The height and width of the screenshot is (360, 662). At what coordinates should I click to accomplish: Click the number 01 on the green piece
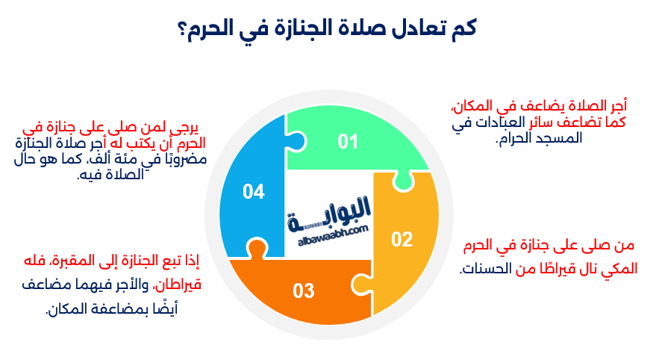tap(348, 141)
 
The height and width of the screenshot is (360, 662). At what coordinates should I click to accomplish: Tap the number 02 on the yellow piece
tap(402, 239)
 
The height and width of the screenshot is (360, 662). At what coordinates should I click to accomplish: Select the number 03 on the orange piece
tap(304, 291)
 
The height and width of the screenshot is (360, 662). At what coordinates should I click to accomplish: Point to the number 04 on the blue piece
tap(254, 192)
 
